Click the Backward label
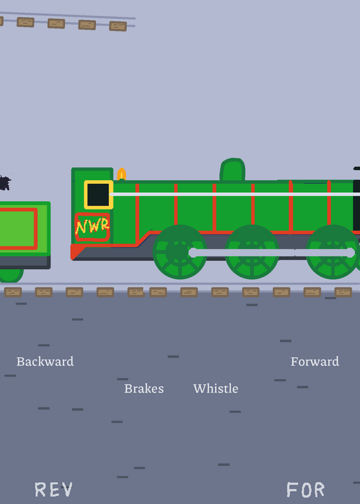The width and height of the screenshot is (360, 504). (45, 362)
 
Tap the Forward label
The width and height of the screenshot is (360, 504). (315, 362)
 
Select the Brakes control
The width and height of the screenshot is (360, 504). (144, 389)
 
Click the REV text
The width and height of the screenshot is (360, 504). (54, 490)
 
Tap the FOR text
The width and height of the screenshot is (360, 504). (305, 490)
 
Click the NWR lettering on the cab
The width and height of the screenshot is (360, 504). (92, 226)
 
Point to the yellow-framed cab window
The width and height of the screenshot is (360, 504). (98, 195)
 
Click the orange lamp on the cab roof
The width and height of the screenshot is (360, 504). (122, 174)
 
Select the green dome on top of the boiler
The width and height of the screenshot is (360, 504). (232, 169)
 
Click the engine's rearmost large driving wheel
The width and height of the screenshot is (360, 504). (180, 251)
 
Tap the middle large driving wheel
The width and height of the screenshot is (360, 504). (252, 251)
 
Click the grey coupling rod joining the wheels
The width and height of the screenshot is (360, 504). (272, 253)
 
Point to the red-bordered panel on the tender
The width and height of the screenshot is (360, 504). (18, 229)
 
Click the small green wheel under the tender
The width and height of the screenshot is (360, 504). (11, 275)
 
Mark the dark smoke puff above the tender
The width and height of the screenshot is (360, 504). (5, 183)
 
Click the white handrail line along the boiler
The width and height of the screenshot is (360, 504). (235, 194)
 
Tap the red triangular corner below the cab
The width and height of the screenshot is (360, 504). (76, 251)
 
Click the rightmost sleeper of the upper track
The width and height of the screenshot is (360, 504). (118, 26)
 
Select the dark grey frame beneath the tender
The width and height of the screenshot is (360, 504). (25, 262)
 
